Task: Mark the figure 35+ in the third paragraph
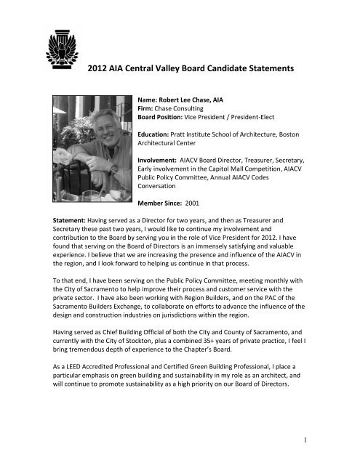[237, 379]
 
